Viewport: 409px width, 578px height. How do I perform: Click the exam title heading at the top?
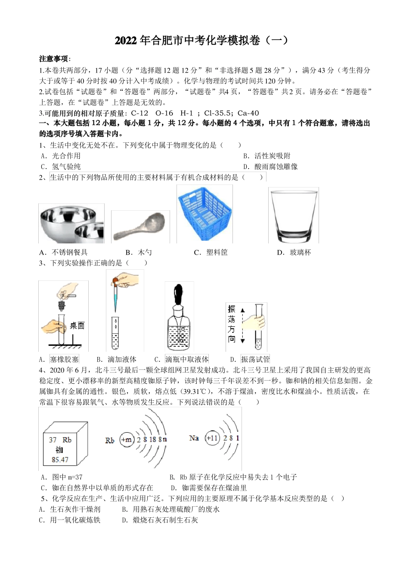(x=201, y=41)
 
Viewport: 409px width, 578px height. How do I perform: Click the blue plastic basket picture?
(x=204, y=214)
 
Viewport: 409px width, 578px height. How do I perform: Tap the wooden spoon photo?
(x=140, y=227)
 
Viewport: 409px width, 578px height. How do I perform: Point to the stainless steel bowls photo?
(x=71, y=224)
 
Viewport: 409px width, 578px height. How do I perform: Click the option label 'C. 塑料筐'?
(x=211, y=252)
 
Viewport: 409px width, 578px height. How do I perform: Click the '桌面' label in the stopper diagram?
(x=77, y=326)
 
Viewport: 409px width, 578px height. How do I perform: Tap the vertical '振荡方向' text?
(x=232, y=324)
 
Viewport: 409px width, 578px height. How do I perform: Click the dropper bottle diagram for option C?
(x=180, y=318)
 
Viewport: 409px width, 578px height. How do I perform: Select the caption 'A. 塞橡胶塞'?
(x=59, y=359)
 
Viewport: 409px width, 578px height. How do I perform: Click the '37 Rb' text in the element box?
(x=60, y=440)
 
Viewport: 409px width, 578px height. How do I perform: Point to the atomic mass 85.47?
(x=60, y=459)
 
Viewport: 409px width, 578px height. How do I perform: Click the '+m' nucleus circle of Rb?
(x=127, y=440)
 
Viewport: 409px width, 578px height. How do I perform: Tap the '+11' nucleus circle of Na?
(x=212, y=438)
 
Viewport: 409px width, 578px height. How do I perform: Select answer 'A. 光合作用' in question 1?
(x=61, y=156)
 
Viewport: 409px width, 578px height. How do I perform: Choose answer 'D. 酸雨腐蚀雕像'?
(x=270, y=166)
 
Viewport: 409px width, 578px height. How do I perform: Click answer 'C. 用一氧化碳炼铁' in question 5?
(x=70, y=520)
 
